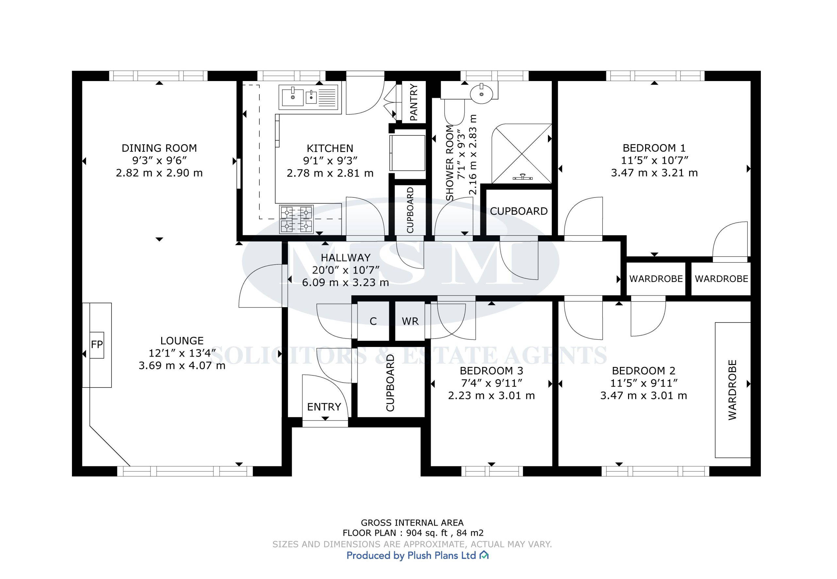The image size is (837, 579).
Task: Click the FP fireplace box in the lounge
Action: tap(97, 345)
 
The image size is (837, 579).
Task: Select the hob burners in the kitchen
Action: tap(296, 219)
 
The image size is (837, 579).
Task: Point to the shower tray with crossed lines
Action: tap(521, 154)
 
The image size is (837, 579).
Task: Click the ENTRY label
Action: tap(324, 407)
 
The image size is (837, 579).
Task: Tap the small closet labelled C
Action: tap(373, 321)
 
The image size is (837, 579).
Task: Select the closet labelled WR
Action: tap(410, 321)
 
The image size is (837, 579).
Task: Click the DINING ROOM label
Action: tap(159, 148)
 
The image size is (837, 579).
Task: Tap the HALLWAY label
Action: tap(346, 257)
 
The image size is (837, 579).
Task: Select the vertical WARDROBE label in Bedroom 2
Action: tap(732, 390)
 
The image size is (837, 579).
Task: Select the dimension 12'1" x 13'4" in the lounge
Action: tap(182, 353)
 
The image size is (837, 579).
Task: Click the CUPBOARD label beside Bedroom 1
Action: tap(519, 211)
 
